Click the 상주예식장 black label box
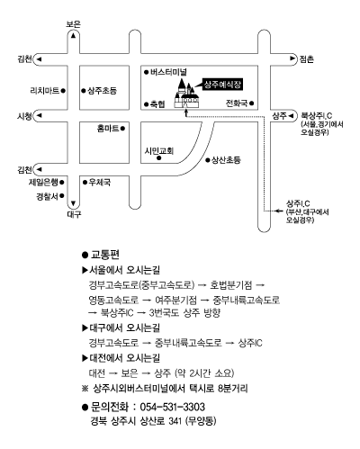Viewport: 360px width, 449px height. (222, 85)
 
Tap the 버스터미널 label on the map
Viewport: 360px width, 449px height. (168, 72)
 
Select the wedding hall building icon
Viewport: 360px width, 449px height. (186, 93)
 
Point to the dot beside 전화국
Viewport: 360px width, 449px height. (251, 103)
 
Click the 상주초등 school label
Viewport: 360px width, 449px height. (102, 91)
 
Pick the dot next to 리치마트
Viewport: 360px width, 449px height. (63, 90)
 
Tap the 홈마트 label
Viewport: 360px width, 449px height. (108, 129)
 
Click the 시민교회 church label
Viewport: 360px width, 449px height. (159, 150)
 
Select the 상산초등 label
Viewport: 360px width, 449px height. (226, 160)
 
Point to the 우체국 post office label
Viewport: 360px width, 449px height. (100, 182)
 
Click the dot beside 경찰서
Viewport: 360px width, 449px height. (62, 196)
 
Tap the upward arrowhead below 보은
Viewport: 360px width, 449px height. (73, 35)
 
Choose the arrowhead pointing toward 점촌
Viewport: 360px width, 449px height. (292, 58)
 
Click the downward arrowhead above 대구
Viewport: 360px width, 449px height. (73, 203)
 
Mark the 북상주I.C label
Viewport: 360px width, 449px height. (316, 115)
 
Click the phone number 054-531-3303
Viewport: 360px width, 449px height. (173, 407)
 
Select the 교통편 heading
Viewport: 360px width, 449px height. (105, 255)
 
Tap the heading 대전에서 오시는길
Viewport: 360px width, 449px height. (125, 358)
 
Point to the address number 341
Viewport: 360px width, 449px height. (175, 421)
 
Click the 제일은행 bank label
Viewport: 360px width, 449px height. (43, 182)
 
